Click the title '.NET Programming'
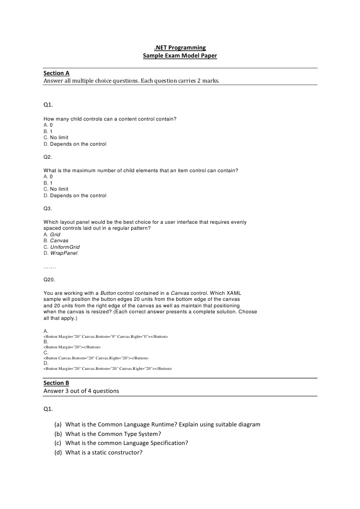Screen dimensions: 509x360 (x=180, y=48)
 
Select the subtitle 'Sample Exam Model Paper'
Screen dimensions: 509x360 (x=180, y=57)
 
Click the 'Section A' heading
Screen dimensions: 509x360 (x=56, y=73)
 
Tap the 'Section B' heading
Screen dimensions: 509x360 (x=56, y=383)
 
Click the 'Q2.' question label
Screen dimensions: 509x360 (x=48, y=157)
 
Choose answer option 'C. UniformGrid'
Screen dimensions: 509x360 (x=62, y=247)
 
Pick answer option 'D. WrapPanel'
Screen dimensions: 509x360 (x=61, y=253)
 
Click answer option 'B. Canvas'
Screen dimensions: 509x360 (x=56, y=240)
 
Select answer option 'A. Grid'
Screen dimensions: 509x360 (x=52, y=234)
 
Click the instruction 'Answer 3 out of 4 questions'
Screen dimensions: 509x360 (x=81, y=391)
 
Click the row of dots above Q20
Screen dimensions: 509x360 (x=50, y=267)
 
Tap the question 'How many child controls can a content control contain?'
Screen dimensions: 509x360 (x=110, y=119)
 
